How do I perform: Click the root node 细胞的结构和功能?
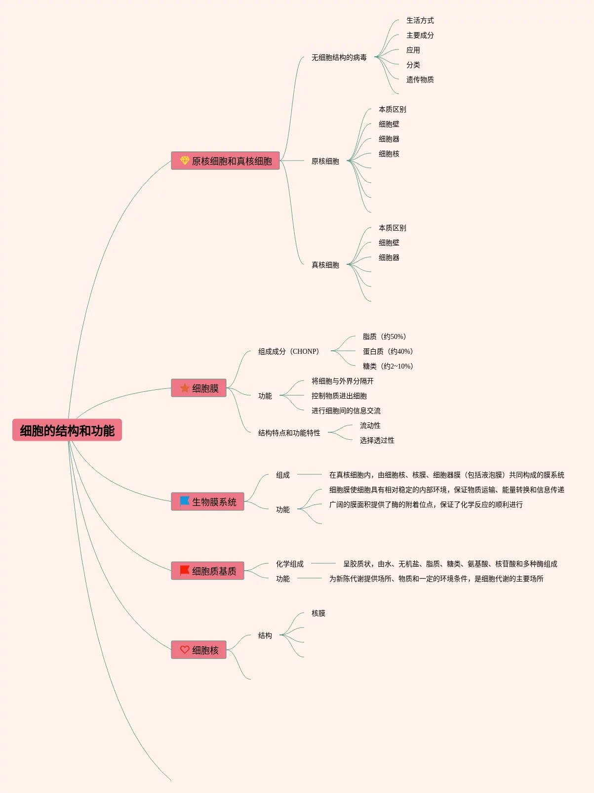67,430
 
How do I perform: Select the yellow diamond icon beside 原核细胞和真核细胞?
185,161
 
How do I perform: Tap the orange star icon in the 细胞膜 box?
185,388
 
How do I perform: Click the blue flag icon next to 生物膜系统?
185,501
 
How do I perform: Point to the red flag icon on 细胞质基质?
185,571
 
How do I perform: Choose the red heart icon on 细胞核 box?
185,650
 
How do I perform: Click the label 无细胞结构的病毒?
339,57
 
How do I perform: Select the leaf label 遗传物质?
420,80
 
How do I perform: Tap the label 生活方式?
420,20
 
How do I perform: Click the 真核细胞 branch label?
325,265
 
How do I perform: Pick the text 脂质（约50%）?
384,336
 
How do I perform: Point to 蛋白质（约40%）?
388,351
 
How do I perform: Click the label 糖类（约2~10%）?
388,366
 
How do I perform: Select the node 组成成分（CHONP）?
289,351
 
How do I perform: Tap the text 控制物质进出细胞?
339,396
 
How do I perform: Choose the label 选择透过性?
377,440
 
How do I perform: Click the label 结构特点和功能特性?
289,433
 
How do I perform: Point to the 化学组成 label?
290,564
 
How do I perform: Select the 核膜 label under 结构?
318,613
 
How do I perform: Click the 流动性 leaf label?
370,425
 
